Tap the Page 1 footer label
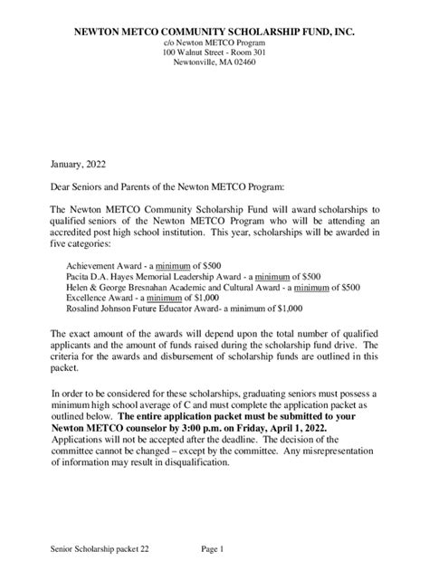(x=213, y=549)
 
